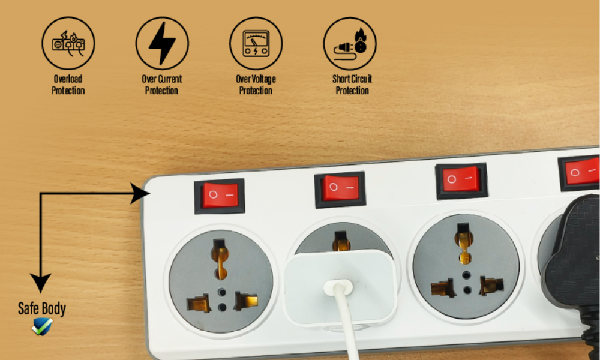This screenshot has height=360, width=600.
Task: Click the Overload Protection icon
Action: [68, 43]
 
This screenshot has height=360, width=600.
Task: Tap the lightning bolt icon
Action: [162, 43]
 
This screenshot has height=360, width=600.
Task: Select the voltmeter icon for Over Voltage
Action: [256, 43]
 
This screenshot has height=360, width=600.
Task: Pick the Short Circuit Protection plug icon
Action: [350, 43]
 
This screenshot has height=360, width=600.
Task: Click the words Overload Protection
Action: [68, 85]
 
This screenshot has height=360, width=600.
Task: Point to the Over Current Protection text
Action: [162, 85]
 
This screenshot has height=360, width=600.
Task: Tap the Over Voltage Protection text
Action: [256, 85]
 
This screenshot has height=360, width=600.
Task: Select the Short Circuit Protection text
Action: [352, 85]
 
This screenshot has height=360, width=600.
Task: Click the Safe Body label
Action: [42, 308]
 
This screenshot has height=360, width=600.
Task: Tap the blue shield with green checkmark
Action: [42, 327]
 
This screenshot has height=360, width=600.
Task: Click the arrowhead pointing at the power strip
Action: [140, 193]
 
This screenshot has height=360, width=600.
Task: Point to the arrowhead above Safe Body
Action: [41, 283]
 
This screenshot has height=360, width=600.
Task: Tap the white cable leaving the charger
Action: [346, 322]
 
